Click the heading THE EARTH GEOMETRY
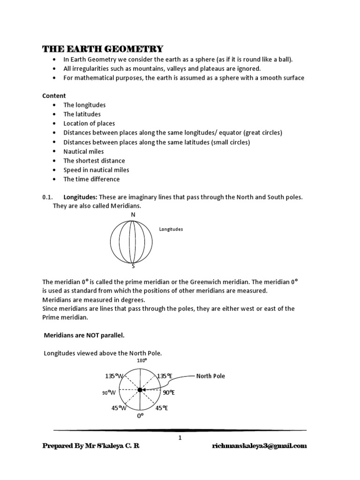[x=103, y=49]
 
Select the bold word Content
[x=54, y=96]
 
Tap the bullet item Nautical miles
[x=83, y=151]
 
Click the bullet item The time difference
[x=91, y=179]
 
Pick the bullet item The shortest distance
[x=94, y=161]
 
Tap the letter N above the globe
[x=133, y=215]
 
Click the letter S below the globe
[x=133, y=266]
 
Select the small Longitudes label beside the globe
[x=171, y=229]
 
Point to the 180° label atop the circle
[x=142, y=360]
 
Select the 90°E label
[x=168, y=392]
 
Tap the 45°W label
[x=119, y=408]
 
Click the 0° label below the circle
[x=140, y=416]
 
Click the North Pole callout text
[x=210, y=376]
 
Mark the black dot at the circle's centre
[x=140, y=390]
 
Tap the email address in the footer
[x=259, y=446]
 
